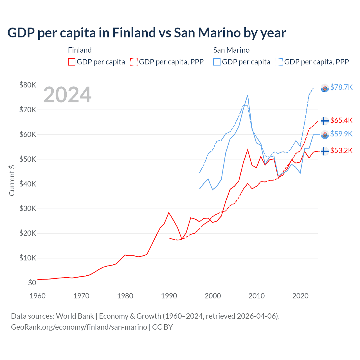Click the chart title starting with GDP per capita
pos(147,33)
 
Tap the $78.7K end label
pos(341,87)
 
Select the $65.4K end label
pos(341,121)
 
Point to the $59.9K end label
pos(341,134)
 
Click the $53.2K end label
pos(341,151)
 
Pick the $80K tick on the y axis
pos(28,85)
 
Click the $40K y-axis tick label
pos(28,184)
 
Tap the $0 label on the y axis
pos(32,283)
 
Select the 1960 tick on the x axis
pos(37,296)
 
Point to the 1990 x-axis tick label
pos(169,296)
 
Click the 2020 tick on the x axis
pos(300,296)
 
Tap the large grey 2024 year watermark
pos(67,95)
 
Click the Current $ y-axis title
pos(12,181)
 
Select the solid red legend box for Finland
pos(72,62)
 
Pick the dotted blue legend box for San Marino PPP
pos(279,62)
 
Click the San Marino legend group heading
pos(231,50)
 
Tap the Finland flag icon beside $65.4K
pos(325,121)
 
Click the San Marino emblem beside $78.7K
pos(325,88)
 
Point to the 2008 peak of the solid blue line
pos(247,95)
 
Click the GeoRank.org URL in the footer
pos(79,327)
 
